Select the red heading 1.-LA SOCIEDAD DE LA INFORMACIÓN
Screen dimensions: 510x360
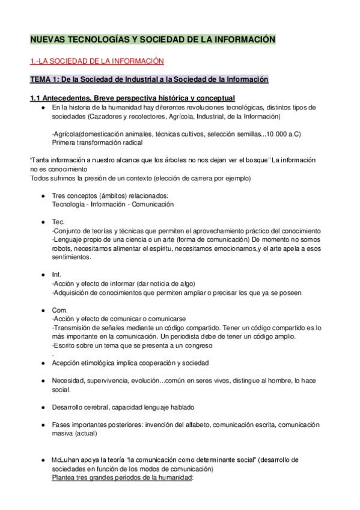click(x=97, y=61)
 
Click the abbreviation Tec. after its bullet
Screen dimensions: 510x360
click(x=58, y=222)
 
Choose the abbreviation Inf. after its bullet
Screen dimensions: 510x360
click(x=57, y=275)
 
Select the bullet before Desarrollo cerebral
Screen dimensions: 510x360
click(x=43, y=407)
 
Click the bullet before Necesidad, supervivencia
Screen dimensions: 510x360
click(x=43, y=381)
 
